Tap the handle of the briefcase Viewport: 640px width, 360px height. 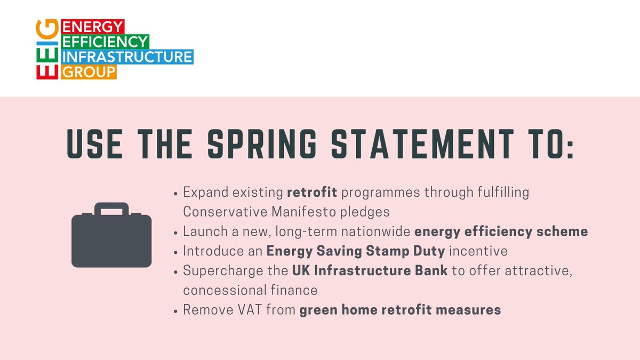111,210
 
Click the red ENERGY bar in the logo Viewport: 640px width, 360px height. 93,26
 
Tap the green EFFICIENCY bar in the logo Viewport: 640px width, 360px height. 106,41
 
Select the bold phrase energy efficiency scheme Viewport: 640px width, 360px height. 501,231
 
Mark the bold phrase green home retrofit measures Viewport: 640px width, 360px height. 400,310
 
